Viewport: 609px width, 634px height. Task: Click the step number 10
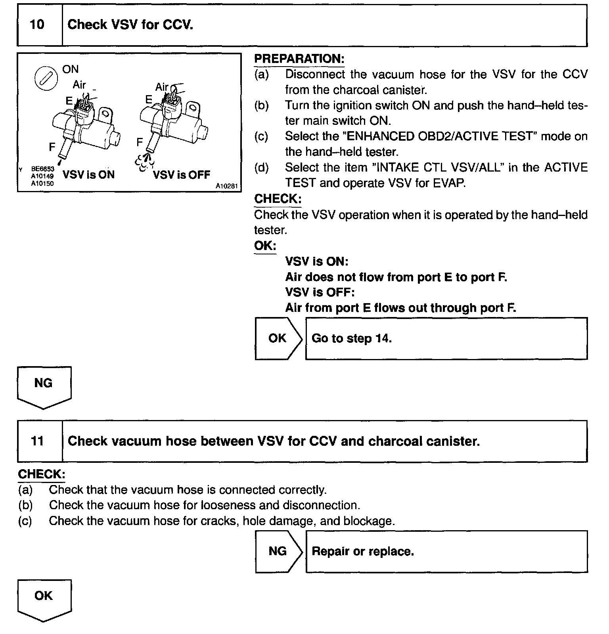tap(37, 25)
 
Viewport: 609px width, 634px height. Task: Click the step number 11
tap(37, 441)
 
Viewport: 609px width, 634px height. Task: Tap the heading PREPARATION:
tap(299, 59)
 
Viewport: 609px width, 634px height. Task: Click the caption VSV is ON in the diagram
tap(88, 175)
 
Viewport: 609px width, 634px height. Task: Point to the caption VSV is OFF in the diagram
tap(182, 175)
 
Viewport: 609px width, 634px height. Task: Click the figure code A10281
tap(228, 186)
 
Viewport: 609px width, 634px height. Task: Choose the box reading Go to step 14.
tap(446, 338)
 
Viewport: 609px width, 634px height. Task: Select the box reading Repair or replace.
tap(446, 552)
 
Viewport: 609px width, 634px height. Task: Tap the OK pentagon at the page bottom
tap(44, 599)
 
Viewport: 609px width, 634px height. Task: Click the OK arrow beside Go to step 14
tap(278, 338)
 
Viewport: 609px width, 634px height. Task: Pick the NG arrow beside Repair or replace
tap(278, 552)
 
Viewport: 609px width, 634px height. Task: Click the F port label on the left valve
tap(52, 147)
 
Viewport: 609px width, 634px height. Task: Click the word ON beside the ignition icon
tap(71, 69)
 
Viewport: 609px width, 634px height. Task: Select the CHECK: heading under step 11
tap(41, 474)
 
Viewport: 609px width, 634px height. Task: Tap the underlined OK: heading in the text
tap(265, 246)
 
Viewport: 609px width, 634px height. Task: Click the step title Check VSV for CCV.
tap(130, 25)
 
